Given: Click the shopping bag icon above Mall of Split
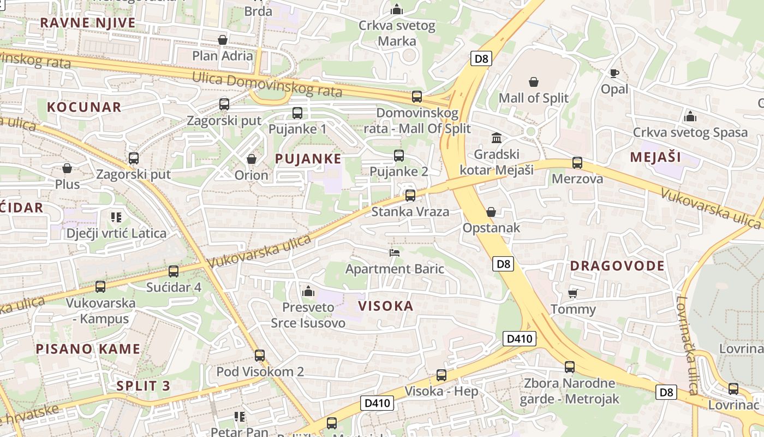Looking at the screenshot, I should point(534,82).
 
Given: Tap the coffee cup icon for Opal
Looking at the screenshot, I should point(614,73).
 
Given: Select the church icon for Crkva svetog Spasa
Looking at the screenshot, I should point(690,116).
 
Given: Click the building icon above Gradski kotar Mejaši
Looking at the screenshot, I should point(497,138).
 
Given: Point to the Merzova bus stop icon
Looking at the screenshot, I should point(577,163).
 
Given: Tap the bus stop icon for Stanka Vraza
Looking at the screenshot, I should point(410,196).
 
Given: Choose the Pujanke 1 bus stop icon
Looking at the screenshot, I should point(297,113).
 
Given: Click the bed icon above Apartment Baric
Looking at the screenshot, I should point(395,252).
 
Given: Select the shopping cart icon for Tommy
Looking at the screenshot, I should point(573,293).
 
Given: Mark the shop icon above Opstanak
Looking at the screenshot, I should point(491,212).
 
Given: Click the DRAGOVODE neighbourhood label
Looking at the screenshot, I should point(617,266).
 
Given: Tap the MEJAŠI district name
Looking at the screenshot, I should point(655,157).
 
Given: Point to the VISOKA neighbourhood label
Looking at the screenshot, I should point(386,306).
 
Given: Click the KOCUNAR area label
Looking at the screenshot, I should point(84,107).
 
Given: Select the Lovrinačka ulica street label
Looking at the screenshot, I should point(687,344).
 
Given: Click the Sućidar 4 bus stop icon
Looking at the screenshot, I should point(174,271).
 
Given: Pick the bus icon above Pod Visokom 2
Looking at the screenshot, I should point(260,356).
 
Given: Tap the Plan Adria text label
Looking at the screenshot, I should point(223,56).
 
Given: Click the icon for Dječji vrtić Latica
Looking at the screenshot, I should point(116,217).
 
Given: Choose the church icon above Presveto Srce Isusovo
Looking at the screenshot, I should point(308,291).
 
